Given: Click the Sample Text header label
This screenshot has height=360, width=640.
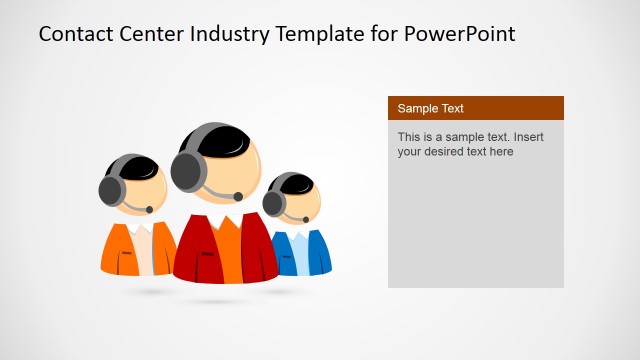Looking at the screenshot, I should click(x=430, y=108).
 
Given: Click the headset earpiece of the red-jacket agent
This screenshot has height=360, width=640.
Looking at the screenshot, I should click(x=187, y=171).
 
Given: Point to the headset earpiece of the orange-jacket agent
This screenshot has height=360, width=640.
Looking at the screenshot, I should click(x=110, y=189).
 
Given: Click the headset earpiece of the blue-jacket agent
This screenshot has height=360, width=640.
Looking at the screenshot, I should click(x=273, y=203).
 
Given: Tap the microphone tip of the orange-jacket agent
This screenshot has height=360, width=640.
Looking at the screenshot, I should click(x=149, y=209).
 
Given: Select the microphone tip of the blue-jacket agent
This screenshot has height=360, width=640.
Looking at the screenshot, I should click(x=304, y=219).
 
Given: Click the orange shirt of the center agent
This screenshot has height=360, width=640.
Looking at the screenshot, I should click(x=228, y=250).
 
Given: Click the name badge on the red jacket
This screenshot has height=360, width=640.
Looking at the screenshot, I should click(x=207, y=255).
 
